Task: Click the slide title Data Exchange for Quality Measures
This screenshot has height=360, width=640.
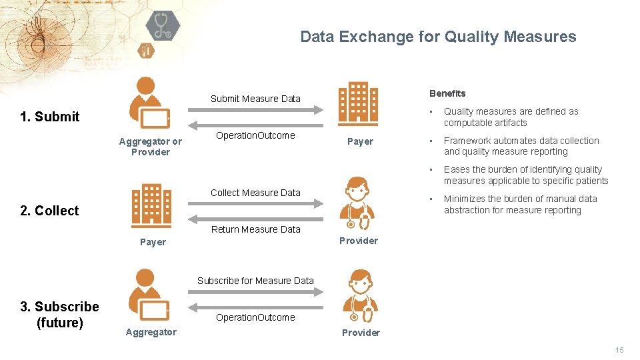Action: tap(438, 37)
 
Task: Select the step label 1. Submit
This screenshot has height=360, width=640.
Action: tap(50, 117)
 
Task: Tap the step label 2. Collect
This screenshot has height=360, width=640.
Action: tap(49, 211)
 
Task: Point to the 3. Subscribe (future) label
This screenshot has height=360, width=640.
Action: tap(59, 315)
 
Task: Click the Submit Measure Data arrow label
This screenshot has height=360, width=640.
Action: tap(255, 99)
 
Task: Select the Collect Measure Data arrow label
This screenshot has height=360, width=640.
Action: tap(255, 193)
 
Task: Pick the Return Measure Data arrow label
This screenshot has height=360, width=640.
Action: tap(255, 229)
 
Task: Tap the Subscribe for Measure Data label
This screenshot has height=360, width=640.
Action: tap(255, 281)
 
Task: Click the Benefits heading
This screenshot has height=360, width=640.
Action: tap(447, 93)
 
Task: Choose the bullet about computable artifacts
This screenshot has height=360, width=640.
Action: tap(511, 117)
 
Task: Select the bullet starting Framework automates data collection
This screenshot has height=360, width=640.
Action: tap(521, 146)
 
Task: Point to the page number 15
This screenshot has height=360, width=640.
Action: tap(619, 350)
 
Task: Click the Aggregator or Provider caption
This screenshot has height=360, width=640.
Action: tap(150, 147)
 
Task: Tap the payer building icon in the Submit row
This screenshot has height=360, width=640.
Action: tap(358, 103)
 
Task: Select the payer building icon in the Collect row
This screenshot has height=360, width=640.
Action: tap(151, 205)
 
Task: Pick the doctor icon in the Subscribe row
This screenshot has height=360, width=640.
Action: tap(360, 297)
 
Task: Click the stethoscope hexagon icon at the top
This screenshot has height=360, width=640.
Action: tap(163, 27)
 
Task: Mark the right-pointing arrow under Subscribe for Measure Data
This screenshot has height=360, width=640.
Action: tap(255, 291)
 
